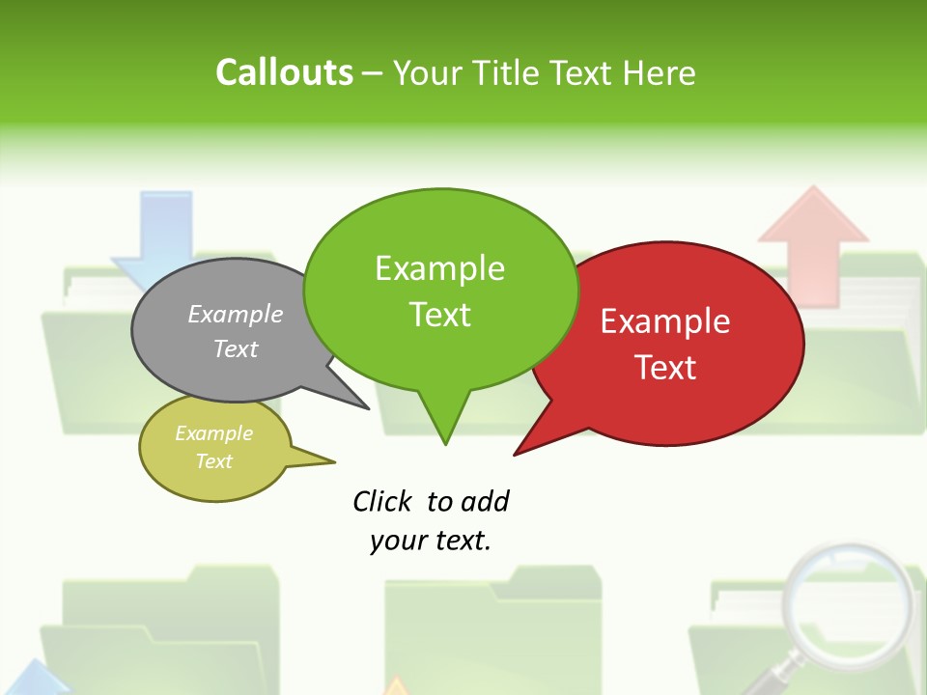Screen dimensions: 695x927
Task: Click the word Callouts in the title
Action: pos(285,72)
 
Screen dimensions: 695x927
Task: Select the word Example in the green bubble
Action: pos(439,268)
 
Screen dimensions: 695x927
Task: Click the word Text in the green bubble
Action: pos(439,315)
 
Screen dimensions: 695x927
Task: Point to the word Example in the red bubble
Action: pos(665,321)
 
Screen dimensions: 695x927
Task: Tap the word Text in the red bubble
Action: pos(665,368)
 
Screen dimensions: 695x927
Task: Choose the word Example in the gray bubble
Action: pos(236,314)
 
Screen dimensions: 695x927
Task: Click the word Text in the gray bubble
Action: pos(236,348)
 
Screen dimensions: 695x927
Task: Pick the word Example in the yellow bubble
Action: pos(213,433)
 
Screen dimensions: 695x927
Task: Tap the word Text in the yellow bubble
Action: pos(213,461)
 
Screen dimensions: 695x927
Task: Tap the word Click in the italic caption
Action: pos(383,502)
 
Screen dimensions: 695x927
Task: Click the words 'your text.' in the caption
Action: pos(431,541)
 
